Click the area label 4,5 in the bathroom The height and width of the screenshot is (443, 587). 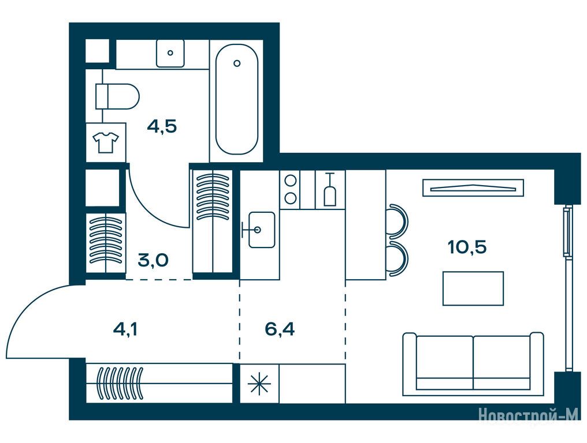point(162,127)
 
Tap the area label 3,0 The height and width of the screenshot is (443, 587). point(153,260)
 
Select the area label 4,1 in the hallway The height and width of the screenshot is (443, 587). point(125,329)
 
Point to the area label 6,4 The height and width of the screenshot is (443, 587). point(280,329)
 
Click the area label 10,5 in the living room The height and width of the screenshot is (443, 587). point(467,247)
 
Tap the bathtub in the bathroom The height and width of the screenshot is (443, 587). point(237,99)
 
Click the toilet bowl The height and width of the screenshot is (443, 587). point(117,96)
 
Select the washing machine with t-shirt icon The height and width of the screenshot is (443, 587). point(106,142)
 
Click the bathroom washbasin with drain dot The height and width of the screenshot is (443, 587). point(170,53)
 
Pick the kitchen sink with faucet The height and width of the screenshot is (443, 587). point(262,230)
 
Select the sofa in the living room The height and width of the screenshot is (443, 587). point(473,364)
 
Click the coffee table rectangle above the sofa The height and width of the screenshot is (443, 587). point(473,288)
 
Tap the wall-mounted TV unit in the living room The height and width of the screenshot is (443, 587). point(473,187)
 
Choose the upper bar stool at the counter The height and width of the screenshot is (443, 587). point(398,221)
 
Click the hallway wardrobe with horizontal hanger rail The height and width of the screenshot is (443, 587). point(159,384)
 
